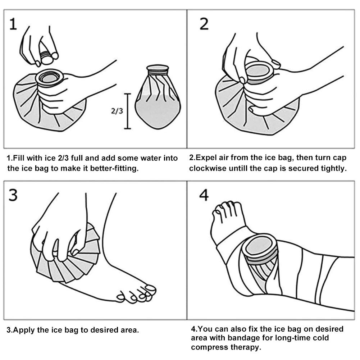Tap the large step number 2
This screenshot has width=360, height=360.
point(204,24)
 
